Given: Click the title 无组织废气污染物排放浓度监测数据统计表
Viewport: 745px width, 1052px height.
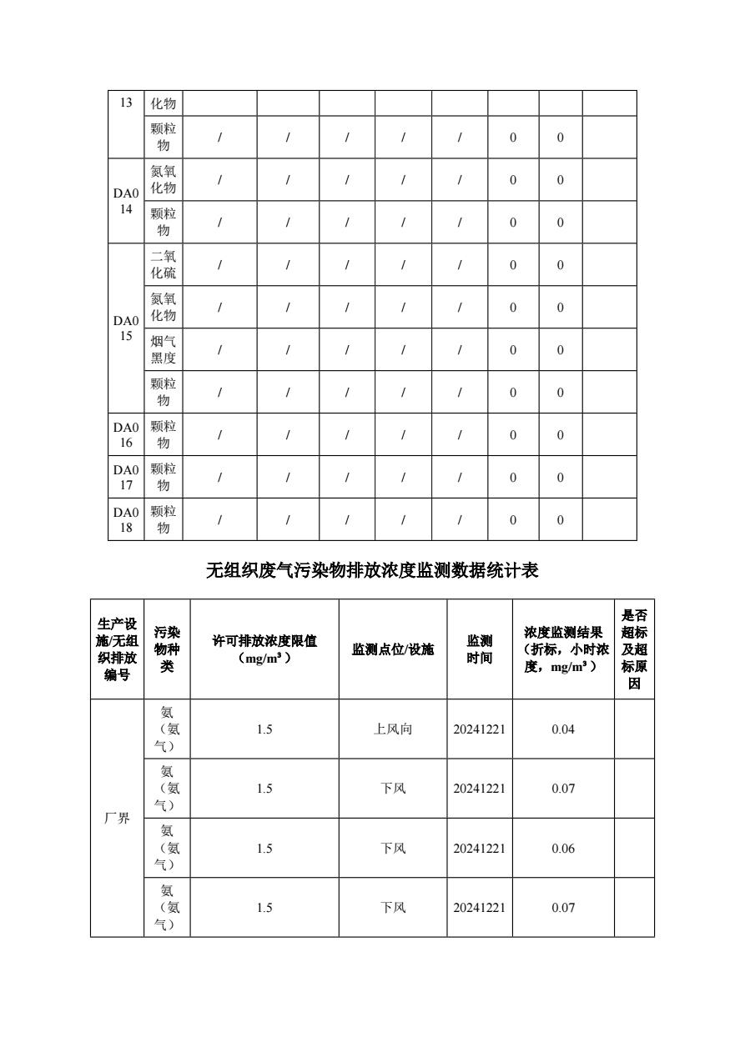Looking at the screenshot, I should (372, 571).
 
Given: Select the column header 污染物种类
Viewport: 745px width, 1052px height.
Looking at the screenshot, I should (167, 649).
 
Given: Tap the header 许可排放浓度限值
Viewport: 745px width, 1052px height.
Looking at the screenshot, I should (264, 649).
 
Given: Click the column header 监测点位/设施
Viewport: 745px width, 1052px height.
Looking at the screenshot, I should (393, 649).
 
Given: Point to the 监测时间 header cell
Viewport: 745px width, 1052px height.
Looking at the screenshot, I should (480, 649).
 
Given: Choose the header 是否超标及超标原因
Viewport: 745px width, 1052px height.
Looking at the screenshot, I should (634, 649).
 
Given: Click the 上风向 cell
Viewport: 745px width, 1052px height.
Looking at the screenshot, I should (393, 729).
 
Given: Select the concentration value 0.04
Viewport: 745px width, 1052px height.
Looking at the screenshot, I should (563, 729).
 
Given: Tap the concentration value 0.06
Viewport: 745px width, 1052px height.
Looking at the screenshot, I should (563, 849).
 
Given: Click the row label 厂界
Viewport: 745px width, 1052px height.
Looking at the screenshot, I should (117, 819).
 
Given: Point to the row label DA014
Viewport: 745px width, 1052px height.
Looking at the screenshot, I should (125, 201).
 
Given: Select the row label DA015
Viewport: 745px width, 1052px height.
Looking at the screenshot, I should (125, 328).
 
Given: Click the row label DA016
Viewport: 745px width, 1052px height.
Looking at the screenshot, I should (125, 434).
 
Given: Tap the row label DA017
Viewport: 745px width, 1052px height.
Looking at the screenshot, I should (125, 477).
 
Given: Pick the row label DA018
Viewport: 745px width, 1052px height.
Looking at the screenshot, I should (125, 519).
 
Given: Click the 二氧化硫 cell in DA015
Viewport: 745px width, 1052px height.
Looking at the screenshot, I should (164, 265).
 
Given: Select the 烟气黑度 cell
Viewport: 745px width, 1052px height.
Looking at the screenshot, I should (164, 350).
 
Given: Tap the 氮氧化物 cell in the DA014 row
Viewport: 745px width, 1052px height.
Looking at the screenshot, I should (164, 179).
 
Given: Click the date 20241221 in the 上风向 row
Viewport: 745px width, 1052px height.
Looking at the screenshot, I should (480, 729).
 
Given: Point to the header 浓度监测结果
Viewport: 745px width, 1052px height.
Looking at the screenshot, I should (563, 649).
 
